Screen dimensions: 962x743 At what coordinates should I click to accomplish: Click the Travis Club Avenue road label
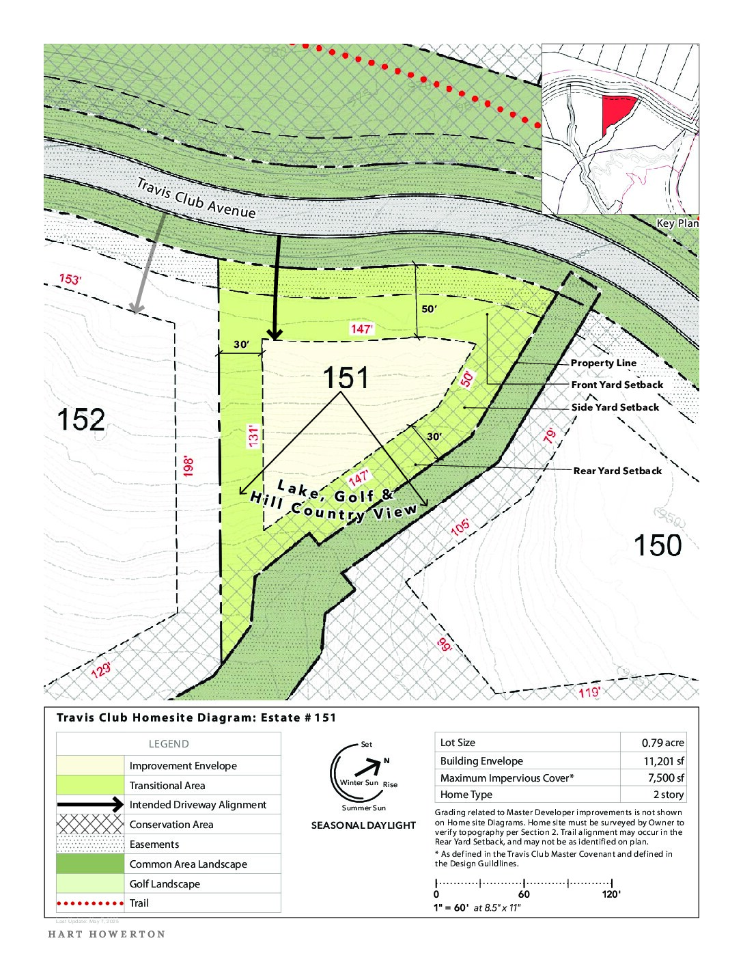[x=196, y=198]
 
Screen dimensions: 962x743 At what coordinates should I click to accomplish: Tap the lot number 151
[x=345, y=378]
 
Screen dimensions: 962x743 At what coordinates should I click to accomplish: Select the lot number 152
[x=81, y=420]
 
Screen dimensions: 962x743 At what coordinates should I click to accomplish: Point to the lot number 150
[x=658, y=545]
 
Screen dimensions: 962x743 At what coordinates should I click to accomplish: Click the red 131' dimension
[x=253, y=437]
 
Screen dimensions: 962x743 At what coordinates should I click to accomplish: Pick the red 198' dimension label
[x=188, y=466]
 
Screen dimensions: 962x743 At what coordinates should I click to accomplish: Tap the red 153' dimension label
[x=70, y=279]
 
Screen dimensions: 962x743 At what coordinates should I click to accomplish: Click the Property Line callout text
[x=603, y=363]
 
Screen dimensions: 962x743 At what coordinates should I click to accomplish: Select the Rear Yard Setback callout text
[x=617, y=471]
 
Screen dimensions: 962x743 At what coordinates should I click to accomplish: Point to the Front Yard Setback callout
[x=617, y=385]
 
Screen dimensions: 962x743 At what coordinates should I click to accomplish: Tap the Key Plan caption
[x=677, y=223]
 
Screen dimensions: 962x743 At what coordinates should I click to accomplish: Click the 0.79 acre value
[x=662, y=743]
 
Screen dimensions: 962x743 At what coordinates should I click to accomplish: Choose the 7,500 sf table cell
[x=666, y=778]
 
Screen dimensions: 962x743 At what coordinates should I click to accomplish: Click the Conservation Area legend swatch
[x=90, y=825]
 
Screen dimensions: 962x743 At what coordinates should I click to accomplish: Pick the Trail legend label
[x=139, y=903]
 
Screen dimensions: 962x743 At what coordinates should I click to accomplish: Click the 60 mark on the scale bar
[x=524, y=894]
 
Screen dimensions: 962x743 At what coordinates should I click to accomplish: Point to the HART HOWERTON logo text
[x=107, y=934]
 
